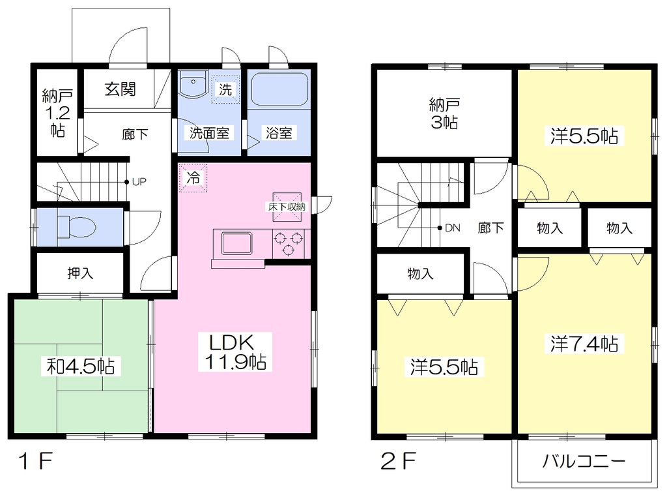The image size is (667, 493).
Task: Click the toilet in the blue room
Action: (x=76, y=226)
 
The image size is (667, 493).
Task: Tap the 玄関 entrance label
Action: (x=121, y=89)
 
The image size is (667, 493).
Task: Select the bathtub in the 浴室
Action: (x=279, y=89)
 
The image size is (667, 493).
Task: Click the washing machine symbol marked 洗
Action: (x=225, y=89)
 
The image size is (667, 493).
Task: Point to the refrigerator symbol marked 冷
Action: (x=193, y=177)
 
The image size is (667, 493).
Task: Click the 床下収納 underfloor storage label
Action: (x=287, y=207)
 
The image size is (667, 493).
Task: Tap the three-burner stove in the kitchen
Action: (x=289, y=243)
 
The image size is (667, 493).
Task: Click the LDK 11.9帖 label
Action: (x=235, y=352)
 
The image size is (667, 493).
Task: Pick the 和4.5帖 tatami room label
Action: (x=81, y=366)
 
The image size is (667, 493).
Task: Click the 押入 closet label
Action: (x=80, y=273)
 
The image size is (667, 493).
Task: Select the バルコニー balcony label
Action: (x=584, y=461)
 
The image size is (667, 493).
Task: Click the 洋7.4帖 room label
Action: (x=584, y=344)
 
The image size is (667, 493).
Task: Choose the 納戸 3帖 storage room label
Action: (x=444, y=113)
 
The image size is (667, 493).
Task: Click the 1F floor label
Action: (x=36, y=460)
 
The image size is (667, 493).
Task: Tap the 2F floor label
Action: (x=398, y=460)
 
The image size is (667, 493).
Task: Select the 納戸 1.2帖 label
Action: (x=57, y=113)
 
